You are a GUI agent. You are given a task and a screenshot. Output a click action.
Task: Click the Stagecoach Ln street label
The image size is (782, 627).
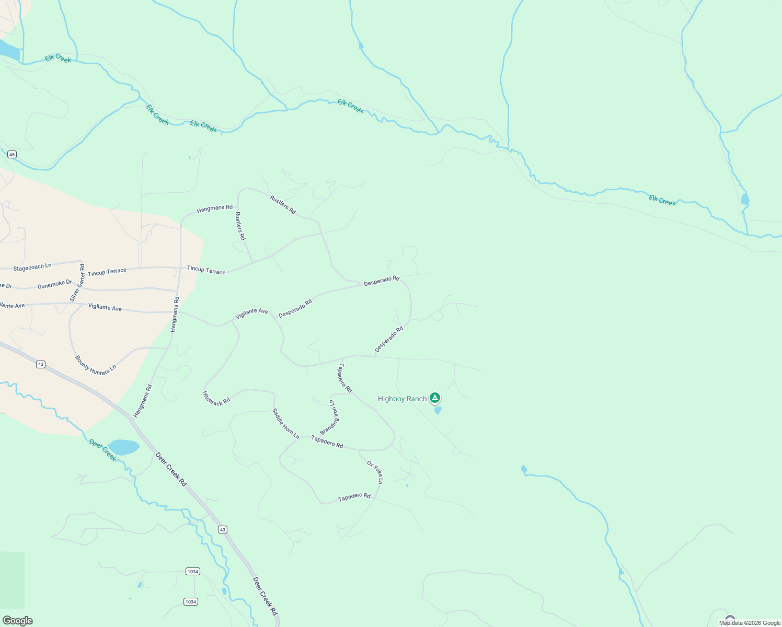click(32, 267)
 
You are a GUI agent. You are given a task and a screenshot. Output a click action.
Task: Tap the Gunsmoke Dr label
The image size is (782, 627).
click(54, 284)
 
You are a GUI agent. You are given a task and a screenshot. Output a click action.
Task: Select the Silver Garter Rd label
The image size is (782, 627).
click(77, 283)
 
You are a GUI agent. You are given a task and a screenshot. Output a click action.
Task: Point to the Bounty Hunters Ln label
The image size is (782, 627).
click(95, 366)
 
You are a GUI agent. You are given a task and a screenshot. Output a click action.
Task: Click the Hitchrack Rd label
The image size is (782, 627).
click(216, 398)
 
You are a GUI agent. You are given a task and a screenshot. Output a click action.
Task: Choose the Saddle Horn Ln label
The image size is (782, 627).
click(285, 423)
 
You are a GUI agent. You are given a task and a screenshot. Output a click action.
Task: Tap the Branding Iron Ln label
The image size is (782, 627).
click(330, 417)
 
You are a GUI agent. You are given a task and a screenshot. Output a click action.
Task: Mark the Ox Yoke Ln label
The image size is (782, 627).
click(375, 472)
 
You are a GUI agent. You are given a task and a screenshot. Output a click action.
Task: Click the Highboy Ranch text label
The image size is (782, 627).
click(402, 399)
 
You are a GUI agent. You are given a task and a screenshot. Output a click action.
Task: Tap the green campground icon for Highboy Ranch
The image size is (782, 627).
click(434, 398)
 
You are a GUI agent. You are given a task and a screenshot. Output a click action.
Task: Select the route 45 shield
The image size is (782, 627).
click(12, 154)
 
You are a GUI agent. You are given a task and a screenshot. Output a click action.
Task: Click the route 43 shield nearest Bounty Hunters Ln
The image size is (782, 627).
click(41, 364)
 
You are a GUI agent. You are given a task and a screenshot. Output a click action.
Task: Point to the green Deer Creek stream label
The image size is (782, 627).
click(102, 450)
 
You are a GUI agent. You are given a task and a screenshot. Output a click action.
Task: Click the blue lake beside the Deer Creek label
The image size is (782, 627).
click(124, 447)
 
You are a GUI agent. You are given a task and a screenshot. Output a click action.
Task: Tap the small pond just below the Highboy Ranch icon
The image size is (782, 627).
click(438, 410)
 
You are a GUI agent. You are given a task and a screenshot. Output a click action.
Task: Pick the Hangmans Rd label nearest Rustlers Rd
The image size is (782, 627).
click(214, 208)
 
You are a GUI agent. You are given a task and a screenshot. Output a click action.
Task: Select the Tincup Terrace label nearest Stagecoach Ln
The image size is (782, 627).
click(107, 272)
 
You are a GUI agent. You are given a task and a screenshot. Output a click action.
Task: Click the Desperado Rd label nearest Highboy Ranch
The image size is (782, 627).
click(389, 339)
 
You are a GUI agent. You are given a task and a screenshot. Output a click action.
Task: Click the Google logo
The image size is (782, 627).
click(17, 621)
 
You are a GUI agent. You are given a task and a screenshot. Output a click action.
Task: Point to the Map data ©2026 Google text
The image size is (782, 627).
click(750, 623)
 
